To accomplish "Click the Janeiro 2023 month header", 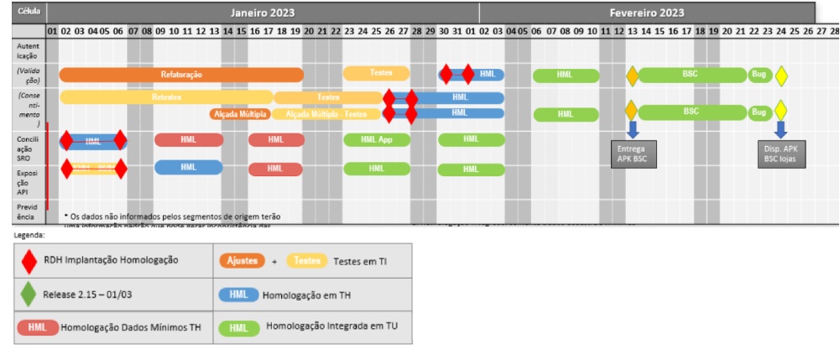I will tap(263, 13).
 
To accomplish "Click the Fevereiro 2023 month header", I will tap(646, 13).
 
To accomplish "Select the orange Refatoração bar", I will tap(181, 75).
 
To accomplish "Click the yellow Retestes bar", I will tap(166, 97).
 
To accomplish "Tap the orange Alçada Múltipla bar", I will tap(240, 114).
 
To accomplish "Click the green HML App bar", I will tap(377, 139).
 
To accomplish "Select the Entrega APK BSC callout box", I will tap(634, 154).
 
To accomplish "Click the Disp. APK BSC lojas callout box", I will tap(780, 154).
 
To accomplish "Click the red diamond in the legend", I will tap(30, 262).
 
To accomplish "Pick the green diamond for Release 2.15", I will tap(30, 295).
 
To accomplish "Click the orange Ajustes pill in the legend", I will tap(243, 261).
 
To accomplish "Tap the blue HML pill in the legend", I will tap(237, 295).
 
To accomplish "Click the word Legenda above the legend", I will tap(29, 236).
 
